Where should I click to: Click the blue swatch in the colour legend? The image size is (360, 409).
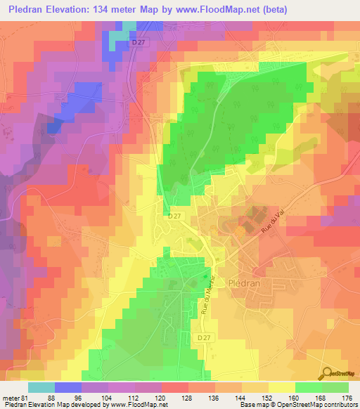(x=67, y=387)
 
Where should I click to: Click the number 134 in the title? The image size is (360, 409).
(x=98, y=11)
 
